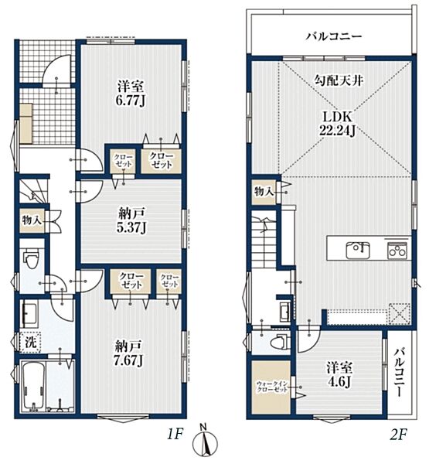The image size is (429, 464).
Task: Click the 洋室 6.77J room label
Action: click(131, 94)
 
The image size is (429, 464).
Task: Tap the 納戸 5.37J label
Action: click(131, 220)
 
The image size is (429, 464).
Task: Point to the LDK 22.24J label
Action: click(338, 124)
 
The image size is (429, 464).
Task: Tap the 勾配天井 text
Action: click(339, 80)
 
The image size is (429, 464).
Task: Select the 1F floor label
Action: click(175, 434)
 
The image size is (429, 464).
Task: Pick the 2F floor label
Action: click(399, 434)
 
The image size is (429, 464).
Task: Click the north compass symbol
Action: click(205, 442)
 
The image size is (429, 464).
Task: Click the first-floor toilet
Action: click(31, 258)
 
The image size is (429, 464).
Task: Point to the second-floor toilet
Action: click(280, 342)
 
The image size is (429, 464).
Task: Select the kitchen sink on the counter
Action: click(358, 250)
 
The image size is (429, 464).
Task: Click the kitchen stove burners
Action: click(397, 251)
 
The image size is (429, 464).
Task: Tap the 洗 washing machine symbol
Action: click(30, 342)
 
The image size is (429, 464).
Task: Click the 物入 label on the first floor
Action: click(32, 220)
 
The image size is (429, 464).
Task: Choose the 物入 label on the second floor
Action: click(264, 192)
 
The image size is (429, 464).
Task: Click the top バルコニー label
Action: click(334, 36)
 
